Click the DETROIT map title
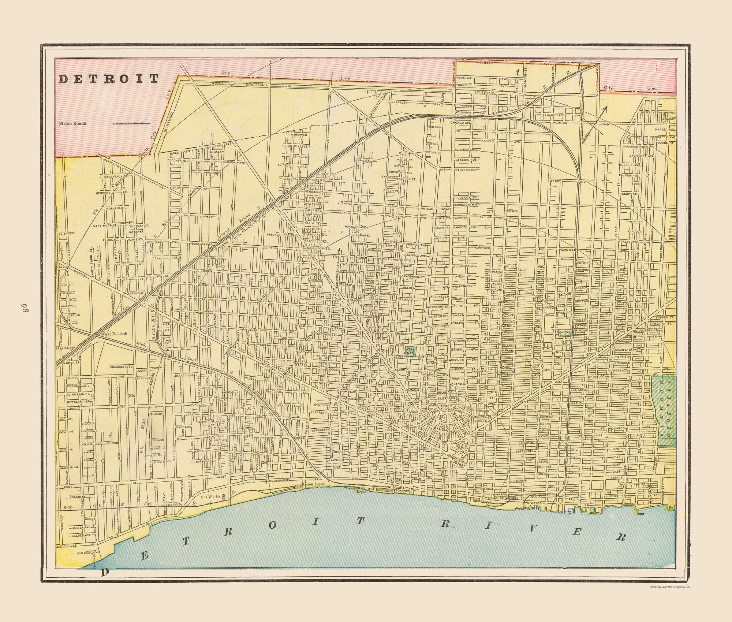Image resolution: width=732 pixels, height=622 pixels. coord(109,79)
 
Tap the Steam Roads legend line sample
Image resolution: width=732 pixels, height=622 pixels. coord(132,123)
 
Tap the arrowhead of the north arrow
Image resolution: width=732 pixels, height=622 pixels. coord(606,108)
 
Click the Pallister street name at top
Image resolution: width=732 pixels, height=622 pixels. coord(474,63)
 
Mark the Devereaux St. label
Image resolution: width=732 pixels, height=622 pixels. coord(116,176)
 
